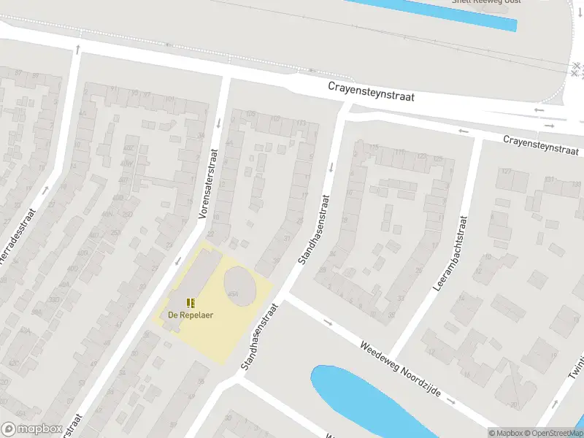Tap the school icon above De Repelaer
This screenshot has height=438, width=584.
[191, 302]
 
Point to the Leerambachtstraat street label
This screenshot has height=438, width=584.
[450, 253]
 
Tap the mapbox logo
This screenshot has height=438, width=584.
[31, 429]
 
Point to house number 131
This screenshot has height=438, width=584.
[550, 179]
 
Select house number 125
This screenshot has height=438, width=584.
[438, 158]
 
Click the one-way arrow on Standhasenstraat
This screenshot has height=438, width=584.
[331, 167]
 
